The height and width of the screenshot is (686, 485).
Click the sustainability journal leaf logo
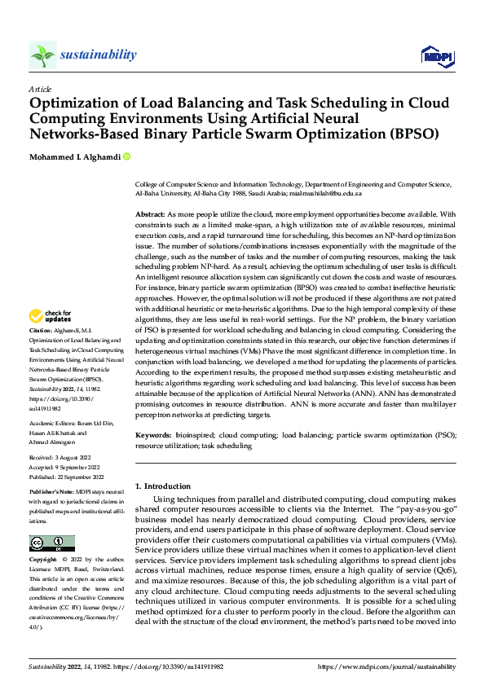42,55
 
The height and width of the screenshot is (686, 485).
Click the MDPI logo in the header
436,55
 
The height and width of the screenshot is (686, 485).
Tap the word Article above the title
40,89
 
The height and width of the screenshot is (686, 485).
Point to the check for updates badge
51,315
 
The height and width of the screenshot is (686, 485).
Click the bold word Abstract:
151,213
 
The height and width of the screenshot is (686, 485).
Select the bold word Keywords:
152,435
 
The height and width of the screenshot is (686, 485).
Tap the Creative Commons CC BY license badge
51,543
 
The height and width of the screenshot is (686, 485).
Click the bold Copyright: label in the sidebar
43,561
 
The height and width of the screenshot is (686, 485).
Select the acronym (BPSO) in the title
412,133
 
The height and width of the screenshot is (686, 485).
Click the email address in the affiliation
324,194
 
